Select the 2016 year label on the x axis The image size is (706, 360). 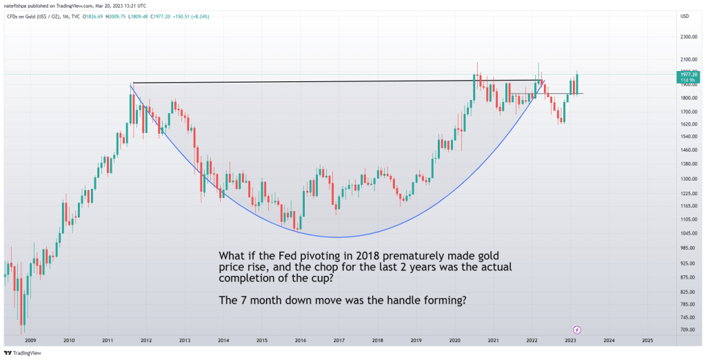[x=300, y=341]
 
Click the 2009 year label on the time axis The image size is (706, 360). [x=30, y=341]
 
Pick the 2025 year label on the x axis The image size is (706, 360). [x=647, y=341]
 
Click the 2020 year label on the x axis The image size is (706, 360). [x=454, y=341]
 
